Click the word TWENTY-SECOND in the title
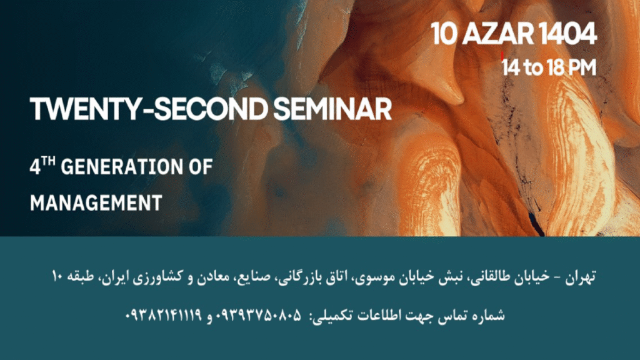(x=149, y=109)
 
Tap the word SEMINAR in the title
(x=332, y=109)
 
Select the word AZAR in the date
(x=498, y=34)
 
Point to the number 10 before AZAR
(x=444, y=34)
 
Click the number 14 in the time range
(x=511, y=67)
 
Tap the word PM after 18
(x=582, y=67)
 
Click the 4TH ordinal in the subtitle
(x=42, y=166)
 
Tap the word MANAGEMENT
(x=96, y=203)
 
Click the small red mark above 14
(x=502, y=56)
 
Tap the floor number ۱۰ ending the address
(x=57, y=277)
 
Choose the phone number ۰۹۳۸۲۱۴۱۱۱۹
(x=163, y=315)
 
